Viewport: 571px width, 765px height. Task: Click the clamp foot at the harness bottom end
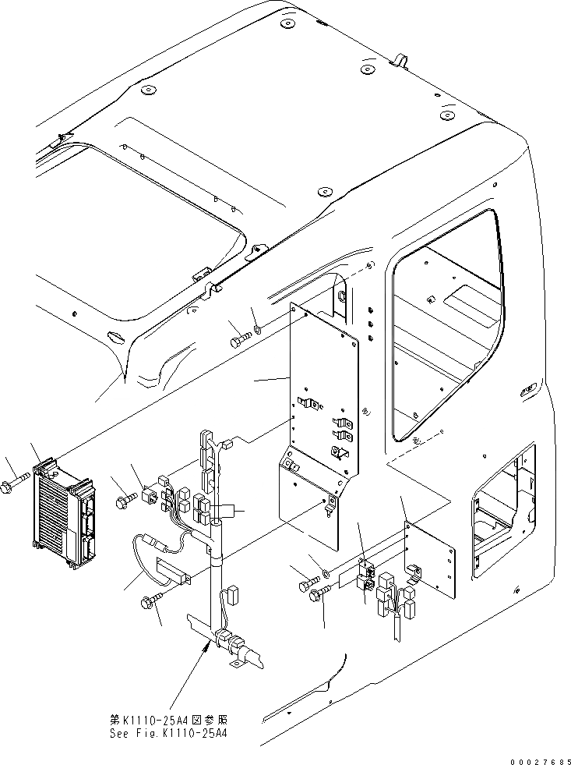coord(234,664)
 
